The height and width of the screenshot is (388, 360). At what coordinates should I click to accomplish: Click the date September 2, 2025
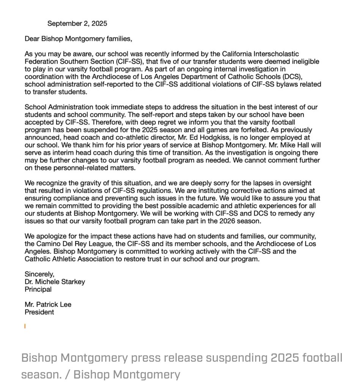77,23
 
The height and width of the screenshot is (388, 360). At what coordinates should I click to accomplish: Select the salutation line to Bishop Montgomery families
78,39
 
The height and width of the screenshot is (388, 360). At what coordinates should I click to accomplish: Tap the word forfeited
220,130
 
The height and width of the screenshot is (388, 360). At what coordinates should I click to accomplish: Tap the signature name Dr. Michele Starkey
55,282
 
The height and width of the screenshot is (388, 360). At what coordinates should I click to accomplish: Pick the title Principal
38,289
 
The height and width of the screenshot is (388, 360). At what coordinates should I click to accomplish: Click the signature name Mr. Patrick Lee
48,305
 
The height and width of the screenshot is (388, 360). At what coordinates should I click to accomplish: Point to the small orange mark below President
25,325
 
